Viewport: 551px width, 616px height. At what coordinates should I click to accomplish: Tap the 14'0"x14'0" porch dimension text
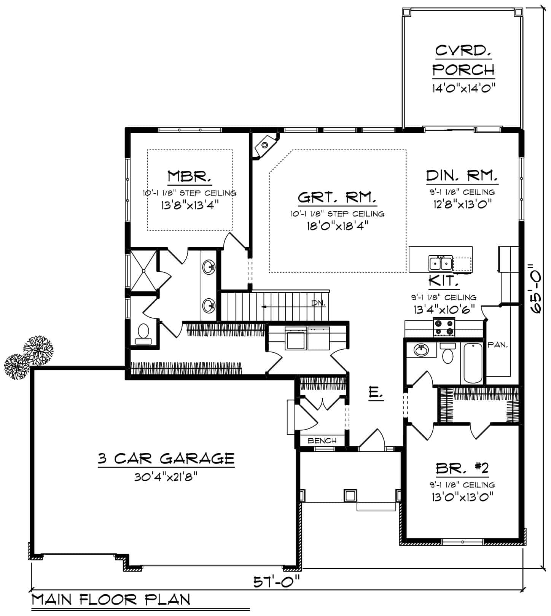pos(463,88)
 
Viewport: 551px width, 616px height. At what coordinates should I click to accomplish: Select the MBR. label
pos(189,177)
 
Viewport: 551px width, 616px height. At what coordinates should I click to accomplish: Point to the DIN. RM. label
pos(462,176)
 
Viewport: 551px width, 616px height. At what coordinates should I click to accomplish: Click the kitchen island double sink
pos(440,263)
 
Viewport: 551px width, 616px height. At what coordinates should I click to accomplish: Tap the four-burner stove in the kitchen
pos(444,328)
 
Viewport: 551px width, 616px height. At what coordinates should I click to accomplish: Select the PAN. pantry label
pos(498,345)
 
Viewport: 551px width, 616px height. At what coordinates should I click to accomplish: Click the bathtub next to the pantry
pos(472,363)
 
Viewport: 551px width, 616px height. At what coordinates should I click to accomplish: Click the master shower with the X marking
pos(143,271)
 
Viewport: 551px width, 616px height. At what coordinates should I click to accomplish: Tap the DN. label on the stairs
pos(318,303)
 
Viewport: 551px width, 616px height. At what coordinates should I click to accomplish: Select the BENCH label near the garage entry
pos(322,441)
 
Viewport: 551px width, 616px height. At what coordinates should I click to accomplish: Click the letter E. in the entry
pos(376,392)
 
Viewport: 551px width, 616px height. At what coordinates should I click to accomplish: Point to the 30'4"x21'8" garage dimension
pos(166,477)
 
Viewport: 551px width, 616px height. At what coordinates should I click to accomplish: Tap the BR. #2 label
pos(462,468)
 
